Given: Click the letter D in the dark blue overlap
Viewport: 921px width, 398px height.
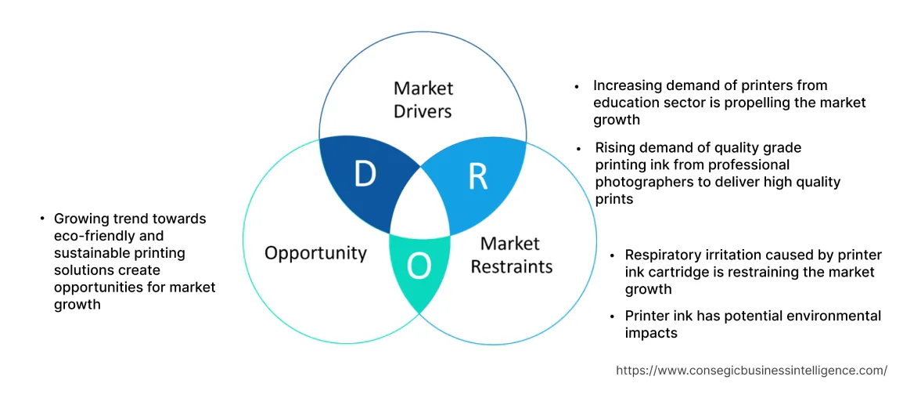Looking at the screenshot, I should point(365,174).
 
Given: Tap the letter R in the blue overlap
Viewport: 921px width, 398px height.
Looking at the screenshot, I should point(478,177).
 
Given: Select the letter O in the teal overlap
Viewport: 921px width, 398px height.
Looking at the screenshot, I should point(419,267).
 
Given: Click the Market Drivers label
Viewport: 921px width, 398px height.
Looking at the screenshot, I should point(423,99).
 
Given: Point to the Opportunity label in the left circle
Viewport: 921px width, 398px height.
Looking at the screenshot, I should point(315,253).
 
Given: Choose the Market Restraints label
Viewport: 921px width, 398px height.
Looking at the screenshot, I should point(511,255).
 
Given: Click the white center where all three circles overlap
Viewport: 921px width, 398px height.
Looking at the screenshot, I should point(420,207).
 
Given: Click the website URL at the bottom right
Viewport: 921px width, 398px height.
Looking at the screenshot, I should point(751,371).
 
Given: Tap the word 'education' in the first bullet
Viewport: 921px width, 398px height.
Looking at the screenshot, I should point(628,103).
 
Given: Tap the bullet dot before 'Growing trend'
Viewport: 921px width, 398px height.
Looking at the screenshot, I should point(41,219).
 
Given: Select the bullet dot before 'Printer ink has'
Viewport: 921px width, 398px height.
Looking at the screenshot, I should point(613,317).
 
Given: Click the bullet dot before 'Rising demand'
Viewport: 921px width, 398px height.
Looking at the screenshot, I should point(578,148).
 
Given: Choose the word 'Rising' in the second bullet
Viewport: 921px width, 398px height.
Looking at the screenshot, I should point(615,147).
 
